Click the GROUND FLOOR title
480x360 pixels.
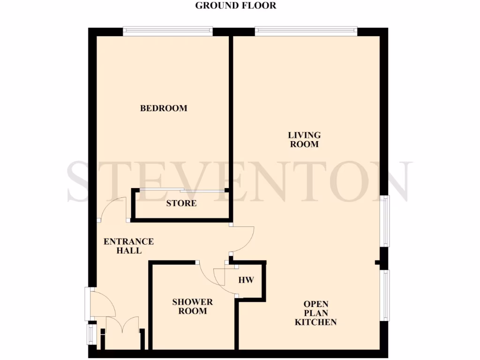(236, 6)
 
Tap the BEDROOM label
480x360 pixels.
(164, 108)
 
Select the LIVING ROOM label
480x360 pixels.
(304, 140)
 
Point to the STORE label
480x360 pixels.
(181, 203)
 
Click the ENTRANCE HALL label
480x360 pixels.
(128, 246)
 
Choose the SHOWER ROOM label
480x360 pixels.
(192, 307)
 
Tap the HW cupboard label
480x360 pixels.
(246, 280)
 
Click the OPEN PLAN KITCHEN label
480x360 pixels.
(315, 313)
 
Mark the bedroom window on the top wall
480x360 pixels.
(168, 31)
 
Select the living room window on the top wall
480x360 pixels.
(306, 31)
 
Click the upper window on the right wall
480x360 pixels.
(384, 221)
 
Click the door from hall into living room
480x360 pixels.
(243, 239)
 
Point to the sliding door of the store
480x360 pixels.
(181, 190)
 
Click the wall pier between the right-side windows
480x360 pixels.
(384, 258)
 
